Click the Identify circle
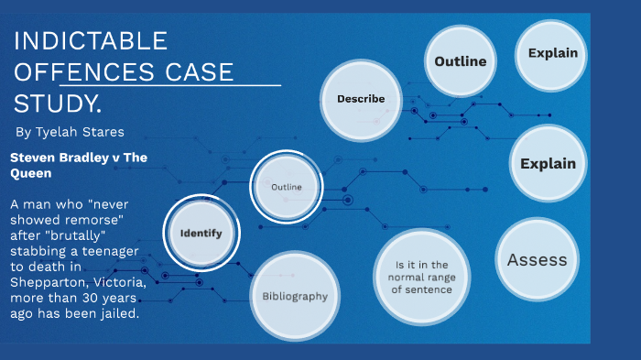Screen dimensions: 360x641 click(201, 233)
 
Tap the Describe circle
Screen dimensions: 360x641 click(361, 99)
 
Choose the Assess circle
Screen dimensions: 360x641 click(537, 259)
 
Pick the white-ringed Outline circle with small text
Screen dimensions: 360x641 click(287, 187)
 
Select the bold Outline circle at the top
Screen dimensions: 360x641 click(460, 61)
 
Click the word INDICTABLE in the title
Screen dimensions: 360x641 click(90, 40)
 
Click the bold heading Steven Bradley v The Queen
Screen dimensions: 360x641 click(78, 165)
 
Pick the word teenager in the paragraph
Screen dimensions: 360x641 click(114, 249)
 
